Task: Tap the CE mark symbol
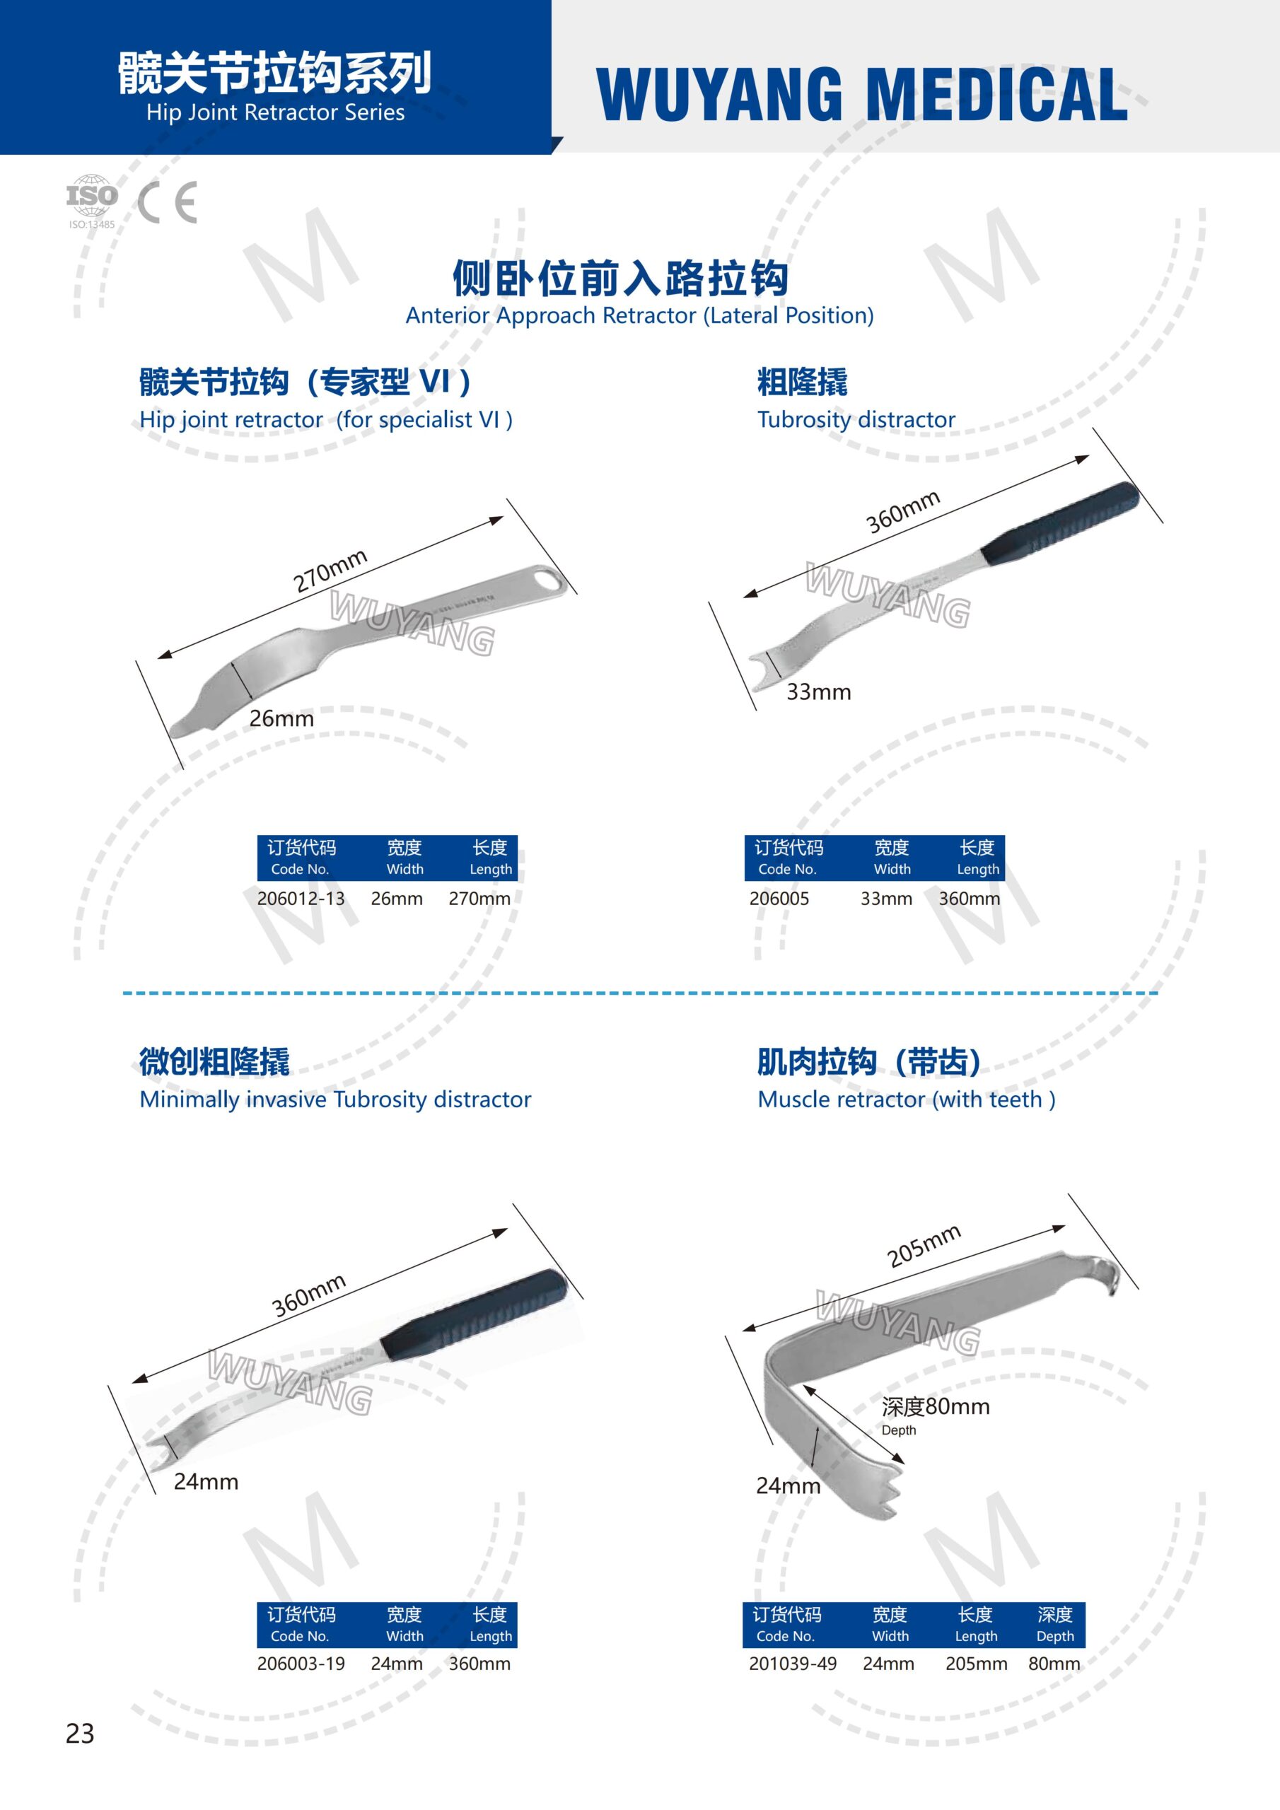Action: (167, 203)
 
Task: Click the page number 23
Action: (80, 1734)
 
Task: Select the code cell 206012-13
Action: (301, 898)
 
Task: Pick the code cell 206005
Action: (779, 898)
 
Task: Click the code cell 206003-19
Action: (301, 1664)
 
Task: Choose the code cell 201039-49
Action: (793, 1664)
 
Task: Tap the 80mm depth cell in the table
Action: (1054, 1664)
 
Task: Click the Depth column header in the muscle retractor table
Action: (1055, 1625)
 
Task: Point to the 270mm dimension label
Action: (330, 570)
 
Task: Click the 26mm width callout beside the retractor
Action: (281, 718)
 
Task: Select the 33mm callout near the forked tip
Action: (819, 691)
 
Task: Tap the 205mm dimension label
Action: (924, 1246)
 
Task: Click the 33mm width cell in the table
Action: (887, 898)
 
